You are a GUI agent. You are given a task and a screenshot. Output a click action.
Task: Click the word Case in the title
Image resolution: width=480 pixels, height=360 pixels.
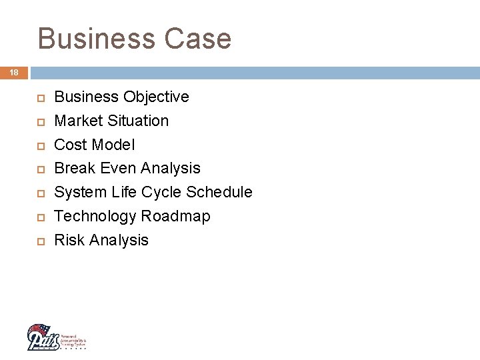(199, 39)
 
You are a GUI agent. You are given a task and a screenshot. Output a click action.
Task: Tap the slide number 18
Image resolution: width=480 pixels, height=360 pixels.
(13, 72)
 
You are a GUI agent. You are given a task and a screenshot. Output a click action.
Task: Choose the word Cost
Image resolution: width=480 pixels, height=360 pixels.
(70, 145)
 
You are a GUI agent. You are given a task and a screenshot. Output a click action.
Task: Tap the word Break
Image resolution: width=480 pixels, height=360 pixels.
(75, 169)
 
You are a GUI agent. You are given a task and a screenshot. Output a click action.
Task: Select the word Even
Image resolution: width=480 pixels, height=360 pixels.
(119, 169)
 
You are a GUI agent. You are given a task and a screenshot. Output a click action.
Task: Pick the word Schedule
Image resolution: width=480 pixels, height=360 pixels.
(219, 193)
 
